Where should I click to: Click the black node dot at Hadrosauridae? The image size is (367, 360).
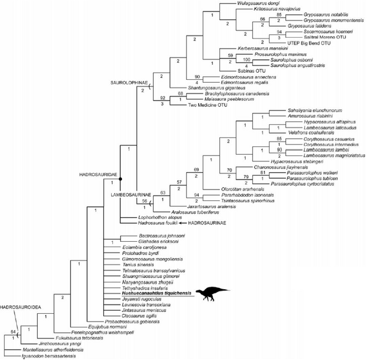121,179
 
